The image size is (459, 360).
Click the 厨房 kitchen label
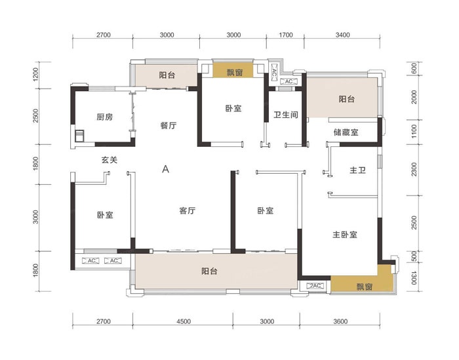pos(105,117)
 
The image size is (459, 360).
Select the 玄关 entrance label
pos(110,159)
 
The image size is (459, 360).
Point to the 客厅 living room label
pos(188,211)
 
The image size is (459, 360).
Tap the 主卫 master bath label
pos(357,170)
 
